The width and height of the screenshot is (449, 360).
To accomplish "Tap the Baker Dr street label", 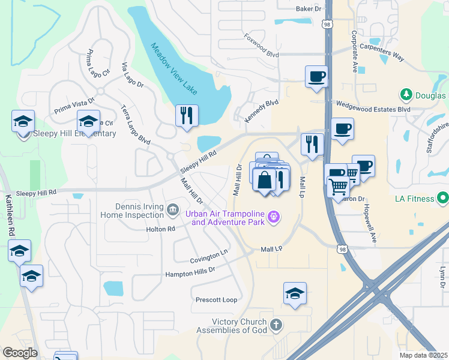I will click(309, 9).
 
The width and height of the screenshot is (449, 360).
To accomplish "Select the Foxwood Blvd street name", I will click(262, 45).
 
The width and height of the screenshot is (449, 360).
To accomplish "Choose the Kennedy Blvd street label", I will click(262, 112).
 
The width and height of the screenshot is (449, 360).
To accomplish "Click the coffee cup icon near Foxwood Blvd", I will click(316, 77).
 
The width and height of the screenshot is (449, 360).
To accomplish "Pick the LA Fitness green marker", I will click(443, 197).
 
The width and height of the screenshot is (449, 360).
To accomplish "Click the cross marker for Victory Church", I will click(276, 326).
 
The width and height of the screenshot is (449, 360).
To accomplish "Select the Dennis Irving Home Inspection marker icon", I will click(173, 209).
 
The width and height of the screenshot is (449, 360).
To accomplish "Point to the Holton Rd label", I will click(160, 229).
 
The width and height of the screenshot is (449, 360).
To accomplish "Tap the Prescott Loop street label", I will click(216, 299).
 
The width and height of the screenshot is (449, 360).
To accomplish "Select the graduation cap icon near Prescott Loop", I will click(294, 294).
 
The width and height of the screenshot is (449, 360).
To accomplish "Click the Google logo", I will click(20, 353).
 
